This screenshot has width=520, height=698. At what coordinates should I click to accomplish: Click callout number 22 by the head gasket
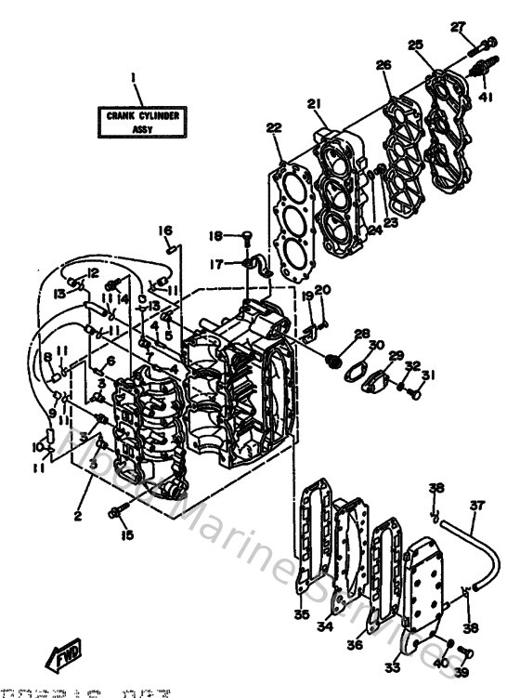tap(273, 127)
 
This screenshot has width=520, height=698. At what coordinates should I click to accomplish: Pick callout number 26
tap(383, 65)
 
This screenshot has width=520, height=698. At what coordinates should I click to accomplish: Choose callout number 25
tap(414, 45)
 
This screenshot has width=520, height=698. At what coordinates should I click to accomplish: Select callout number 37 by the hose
tap(476, 506)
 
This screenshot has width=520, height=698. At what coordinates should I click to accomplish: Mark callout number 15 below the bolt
tap(126, 534)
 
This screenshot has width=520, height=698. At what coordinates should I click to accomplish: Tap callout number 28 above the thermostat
tap(361, 333)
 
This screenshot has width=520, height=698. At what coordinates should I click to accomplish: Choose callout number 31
tap(427, 375)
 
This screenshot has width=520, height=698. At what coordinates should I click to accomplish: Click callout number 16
tap(164, 231)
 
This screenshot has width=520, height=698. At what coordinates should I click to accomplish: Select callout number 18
tap(212, 235)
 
